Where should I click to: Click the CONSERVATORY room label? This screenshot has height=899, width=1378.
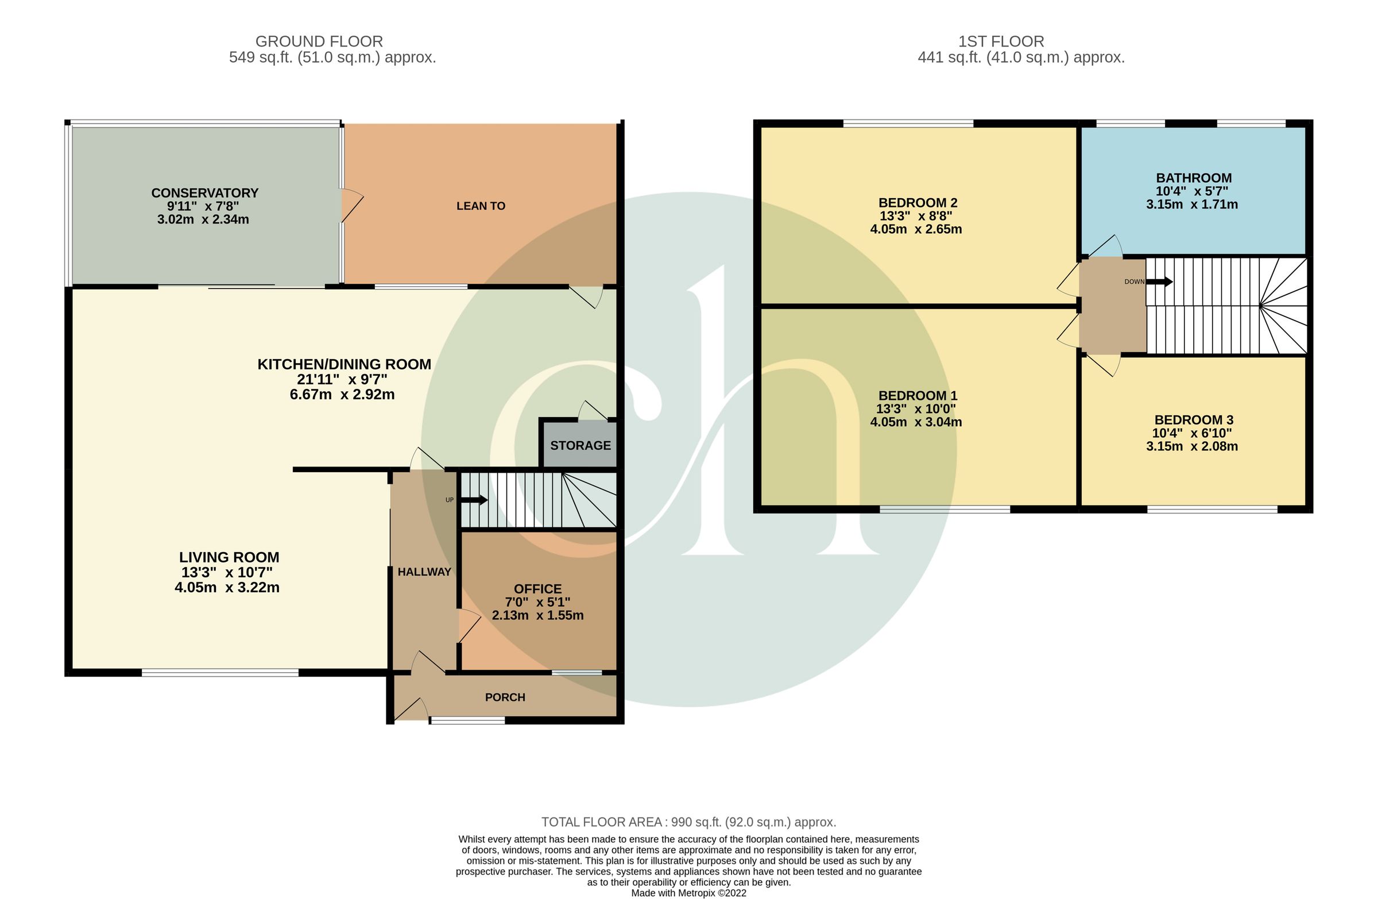point(204,193)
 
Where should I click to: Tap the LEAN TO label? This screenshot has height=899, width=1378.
point(481,206)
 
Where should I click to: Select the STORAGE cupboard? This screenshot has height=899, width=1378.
point(580,445)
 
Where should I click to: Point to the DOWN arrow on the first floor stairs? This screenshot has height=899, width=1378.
point(1159,282)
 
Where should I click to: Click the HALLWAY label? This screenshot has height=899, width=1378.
point(424,572)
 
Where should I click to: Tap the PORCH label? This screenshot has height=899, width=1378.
point(505,697)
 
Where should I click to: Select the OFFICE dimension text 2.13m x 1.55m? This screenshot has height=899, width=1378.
point(537,616)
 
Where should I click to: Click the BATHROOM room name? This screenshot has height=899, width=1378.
point(1193,179)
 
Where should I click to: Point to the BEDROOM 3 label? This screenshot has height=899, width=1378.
point(1193,420)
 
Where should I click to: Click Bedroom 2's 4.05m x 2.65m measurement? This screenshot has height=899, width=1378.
point(915,229)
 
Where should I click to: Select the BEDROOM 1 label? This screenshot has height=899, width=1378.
point(917,396)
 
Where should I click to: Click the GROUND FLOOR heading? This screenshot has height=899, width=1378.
point(319,42)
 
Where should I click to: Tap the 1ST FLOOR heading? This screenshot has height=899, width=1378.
point(1001,42)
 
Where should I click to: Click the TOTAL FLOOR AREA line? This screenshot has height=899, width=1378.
point(688,822)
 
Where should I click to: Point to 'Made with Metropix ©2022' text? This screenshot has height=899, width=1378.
point(688,893)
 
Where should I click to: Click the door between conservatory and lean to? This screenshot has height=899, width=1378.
point(350,206)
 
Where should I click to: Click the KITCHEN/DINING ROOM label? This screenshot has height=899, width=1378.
point(344,364)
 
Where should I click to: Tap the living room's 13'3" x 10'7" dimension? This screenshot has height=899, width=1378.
point(226,572)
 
